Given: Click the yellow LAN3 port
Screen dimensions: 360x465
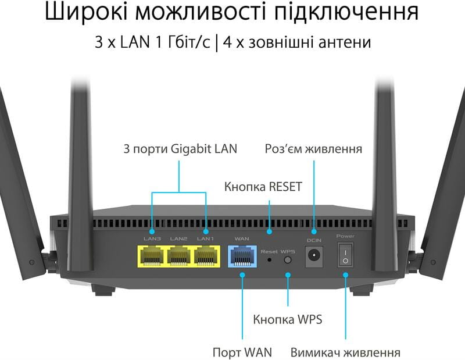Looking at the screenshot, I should tap(152, 256).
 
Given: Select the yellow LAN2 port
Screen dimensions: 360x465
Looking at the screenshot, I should tap(180, 256).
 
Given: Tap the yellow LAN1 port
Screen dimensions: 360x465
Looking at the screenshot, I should tap(207, 256).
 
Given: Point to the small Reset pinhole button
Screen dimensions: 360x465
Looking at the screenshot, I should tap(269, 259).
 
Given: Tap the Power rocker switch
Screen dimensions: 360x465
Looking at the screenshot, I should tap(345, 256).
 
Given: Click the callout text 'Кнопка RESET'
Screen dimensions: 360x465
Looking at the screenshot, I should tap(263, 187).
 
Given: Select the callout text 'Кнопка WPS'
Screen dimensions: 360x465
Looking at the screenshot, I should tap(287, 319).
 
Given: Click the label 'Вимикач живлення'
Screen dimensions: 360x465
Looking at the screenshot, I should tap(345, 352).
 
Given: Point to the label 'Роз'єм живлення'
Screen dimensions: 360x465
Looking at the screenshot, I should tap(313, 149).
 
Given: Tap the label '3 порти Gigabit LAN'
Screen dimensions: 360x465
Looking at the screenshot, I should tap(180, 149).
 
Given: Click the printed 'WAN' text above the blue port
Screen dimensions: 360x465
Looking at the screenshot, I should tap(242, 239).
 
